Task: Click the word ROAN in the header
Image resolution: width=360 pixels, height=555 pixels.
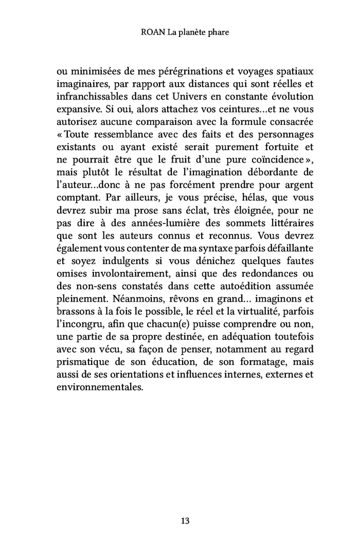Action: (151, 32)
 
